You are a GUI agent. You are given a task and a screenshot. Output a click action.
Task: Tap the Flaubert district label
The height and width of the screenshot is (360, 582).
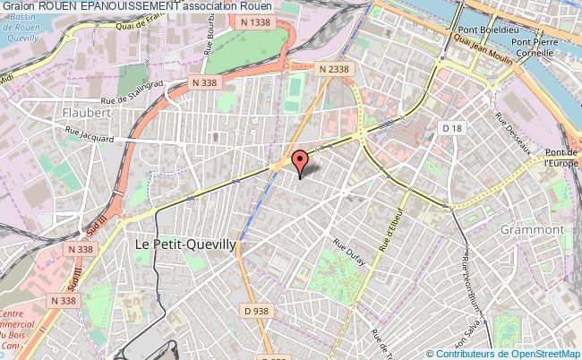pos(87,114)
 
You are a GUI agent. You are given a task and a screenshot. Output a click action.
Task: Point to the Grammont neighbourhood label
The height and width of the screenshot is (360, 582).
pos(535,229)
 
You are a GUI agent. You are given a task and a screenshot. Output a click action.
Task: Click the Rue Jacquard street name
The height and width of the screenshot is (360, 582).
pos(89,137)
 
